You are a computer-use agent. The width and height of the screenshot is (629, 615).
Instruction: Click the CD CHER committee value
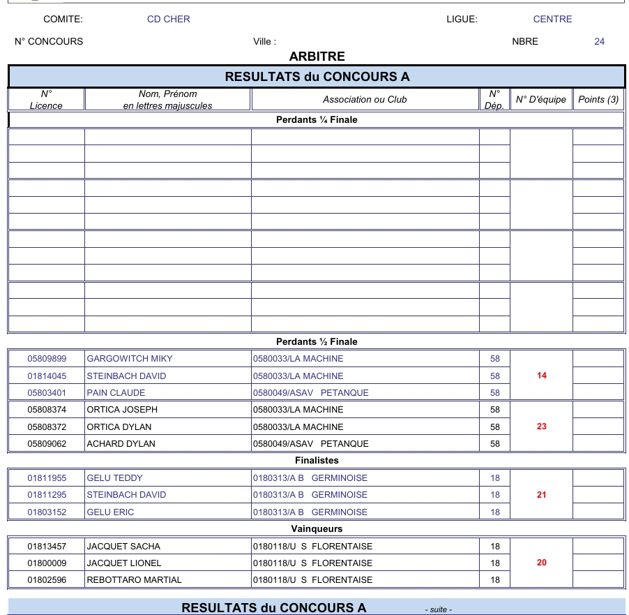[x=168, y=20]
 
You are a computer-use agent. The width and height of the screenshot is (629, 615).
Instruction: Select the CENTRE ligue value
[x=552, y=20]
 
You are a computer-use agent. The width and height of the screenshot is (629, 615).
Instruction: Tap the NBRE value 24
[x=599, y=42]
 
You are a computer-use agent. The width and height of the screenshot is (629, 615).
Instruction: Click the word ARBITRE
[x=317, y=57]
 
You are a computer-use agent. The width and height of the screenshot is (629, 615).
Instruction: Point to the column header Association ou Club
[x=365, y=100]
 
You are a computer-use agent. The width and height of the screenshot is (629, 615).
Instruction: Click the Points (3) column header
[x=598, y=100]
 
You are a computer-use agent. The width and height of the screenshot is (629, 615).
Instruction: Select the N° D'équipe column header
[x=541, y=100]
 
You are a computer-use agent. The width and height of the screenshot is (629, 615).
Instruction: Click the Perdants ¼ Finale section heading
[x=317, y=120]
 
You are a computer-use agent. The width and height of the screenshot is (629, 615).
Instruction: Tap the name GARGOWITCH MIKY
[x=130, y=359]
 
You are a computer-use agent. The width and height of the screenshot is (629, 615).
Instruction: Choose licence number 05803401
[x=47, y=393]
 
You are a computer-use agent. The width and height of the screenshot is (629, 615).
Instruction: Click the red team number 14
[x=542, y=376]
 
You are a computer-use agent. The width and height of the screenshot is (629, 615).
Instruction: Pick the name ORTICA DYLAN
[x=119, y=427]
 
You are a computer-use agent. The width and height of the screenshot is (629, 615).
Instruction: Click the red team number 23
[x=542, y=427]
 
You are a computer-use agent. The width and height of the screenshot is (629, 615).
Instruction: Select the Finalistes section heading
[x=317, y=461]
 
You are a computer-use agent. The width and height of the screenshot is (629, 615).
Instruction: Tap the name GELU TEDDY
[x=114, y=478]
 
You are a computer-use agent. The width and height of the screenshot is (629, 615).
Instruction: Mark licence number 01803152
[x=47, y=512]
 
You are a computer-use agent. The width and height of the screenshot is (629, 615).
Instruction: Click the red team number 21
[x=542, y=495]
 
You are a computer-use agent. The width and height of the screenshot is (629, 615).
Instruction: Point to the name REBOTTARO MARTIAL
[x=134, y=580]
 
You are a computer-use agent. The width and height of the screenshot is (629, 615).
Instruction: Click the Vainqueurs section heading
[x=317, y=529]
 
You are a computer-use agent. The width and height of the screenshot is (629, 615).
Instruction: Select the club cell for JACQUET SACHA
[x=312, y=547]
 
